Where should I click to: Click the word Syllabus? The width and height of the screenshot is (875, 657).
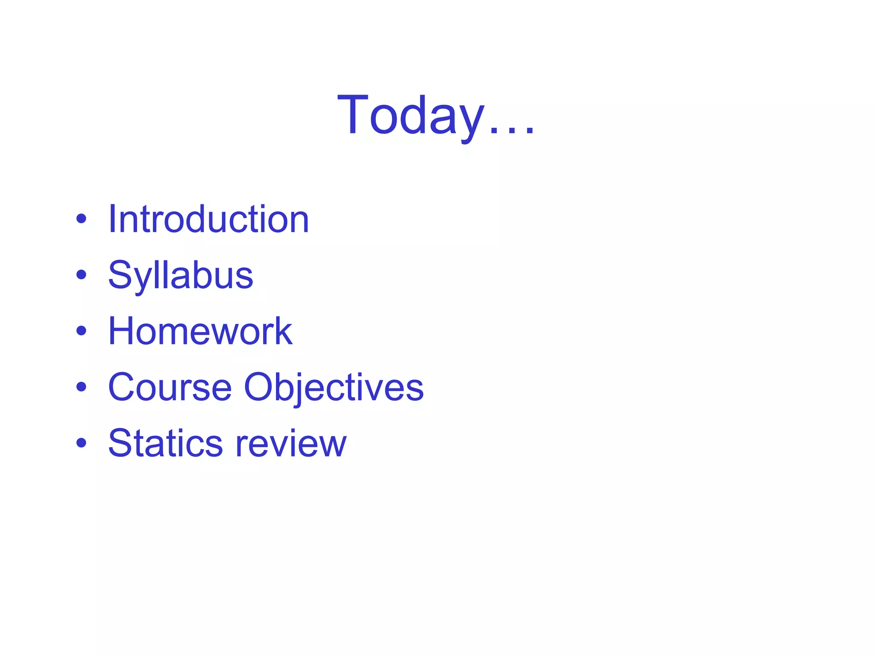coord(181,276)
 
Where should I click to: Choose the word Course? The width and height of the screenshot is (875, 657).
coord(170,387)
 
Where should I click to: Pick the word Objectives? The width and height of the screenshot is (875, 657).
coord(334,387)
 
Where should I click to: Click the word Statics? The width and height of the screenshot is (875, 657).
coord(165,443)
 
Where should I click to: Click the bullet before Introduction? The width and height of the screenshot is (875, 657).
coord(81,219)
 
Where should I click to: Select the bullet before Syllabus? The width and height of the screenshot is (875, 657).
coord(81,275)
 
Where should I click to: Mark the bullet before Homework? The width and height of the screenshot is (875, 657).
coord(81,331)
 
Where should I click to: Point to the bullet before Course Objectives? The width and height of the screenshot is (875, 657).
coord(81,387)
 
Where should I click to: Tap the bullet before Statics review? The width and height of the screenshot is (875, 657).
coord(81,443)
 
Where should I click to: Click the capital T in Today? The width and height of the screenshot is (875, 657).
coord(353,115)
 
